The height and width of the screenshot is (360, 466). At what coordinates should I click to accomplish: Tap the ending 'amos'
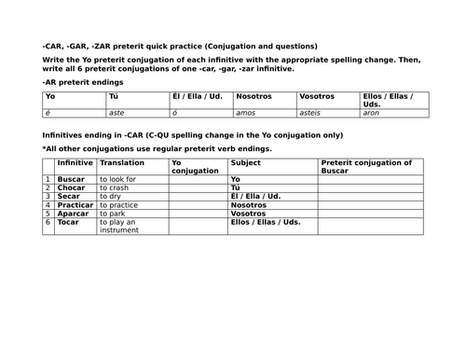(247, 111)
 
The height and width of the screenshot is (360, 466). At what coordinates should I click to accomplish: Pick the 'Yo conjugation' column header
(194, 166)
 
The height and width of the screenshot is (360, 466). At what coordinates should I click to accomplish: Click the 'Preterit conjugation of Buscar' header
(365, 166)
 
